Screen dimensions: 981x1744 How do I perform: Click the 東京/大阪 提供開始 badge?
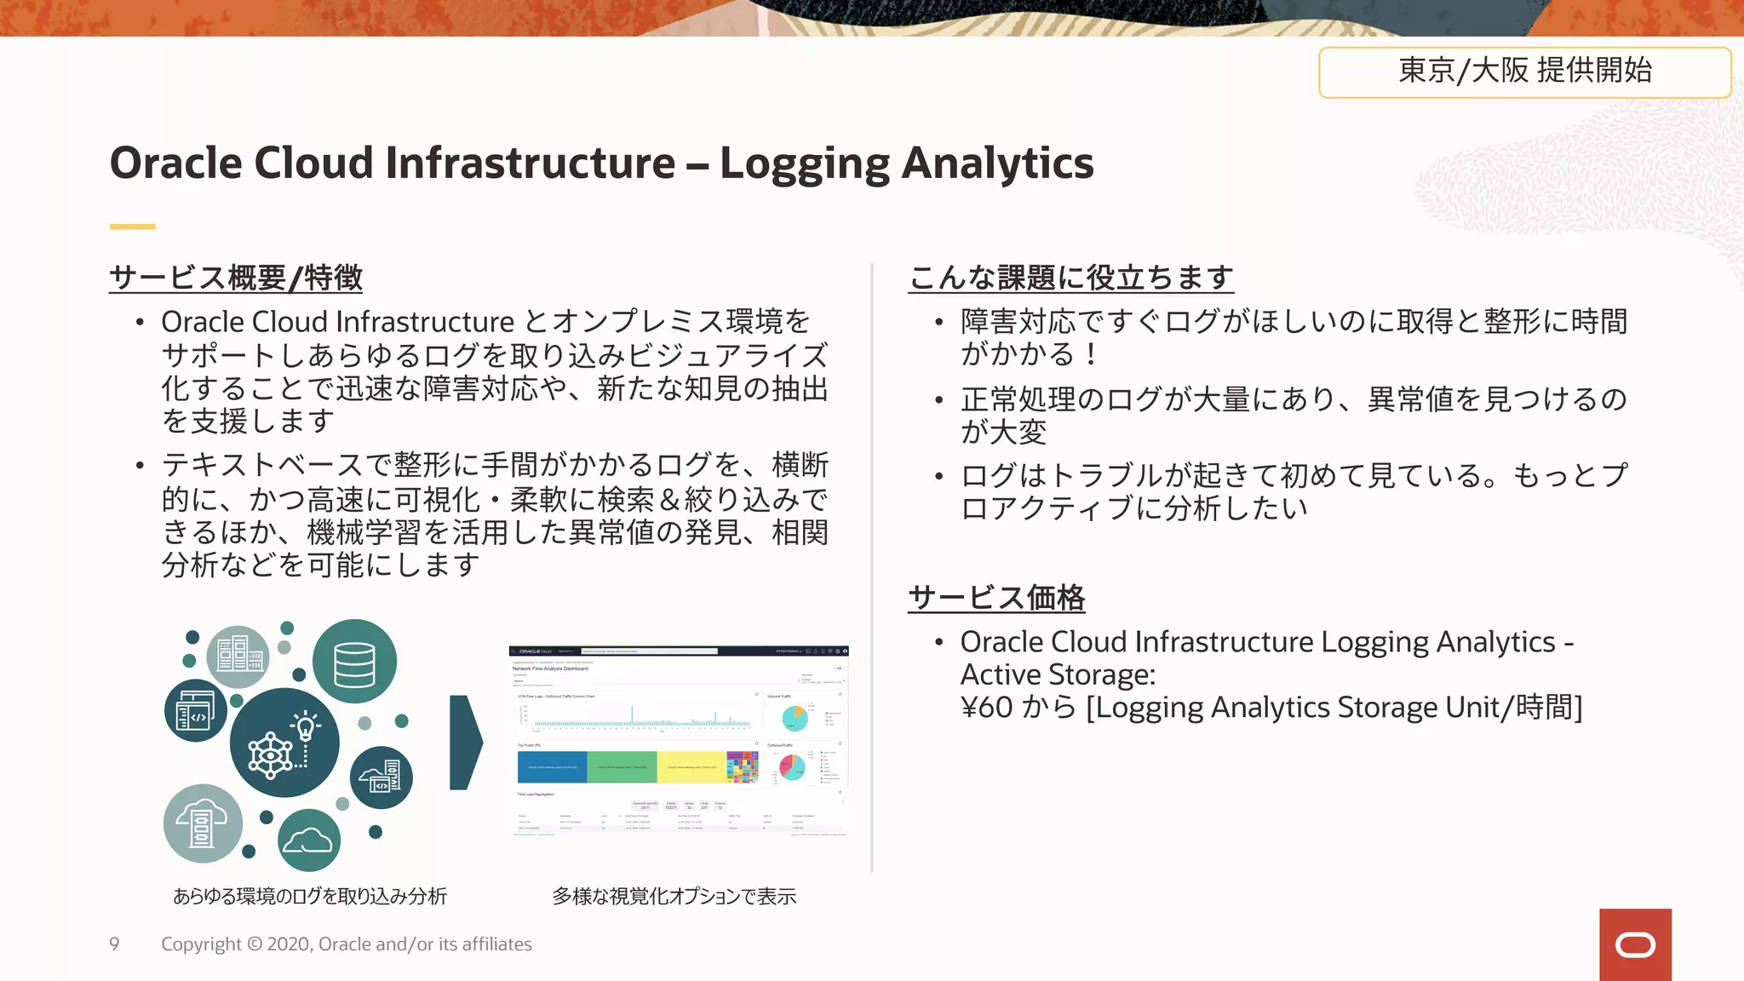click(x=1524, y=72)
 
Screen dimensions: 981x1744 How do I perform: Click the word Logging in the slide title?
click(x=804, y=163)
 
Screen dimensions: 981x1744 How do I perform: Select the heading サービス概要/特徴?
click(x=236, y=278)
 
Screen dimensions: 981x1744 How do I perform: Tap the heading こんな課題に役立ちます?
click(x=1070, y=278)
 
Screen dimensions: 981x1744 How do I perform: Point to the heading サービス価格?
click(x=996, y=598)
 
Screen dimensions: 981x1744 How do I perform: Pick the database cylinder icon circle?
click(x=354, y=662)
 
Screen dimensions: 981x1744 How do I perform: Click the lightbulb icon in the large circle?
click(x=305, y=726)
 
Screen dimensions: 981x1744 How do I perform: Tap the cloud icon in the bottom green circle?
click(x=308, y=840)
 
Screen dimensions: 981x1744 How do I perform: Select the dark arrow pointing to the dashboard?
click(x=465, y=743)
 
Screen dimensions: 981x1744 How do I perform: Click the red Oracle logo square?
click(x=1635, y=944)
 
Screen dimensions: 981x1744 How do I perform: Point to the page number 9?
click(x=114, y=944)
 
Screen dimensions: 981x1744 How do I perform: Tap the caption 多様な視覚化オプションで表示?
click(x=674, y=896)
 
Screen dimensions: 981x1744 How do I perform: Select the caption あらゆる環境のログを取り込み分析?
click(x=310, y=896)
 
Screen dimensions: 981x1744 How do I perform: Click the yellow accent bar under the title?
click(x=132, y=227)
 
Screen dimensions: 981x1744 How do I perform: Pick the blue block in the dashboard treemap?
click(x=552, y=767)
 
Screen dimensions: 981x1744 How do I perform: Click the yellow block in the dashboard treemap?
click(x=691, y=767)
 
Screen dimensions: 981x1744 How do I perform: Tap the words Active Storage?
click(x=1058, y=674)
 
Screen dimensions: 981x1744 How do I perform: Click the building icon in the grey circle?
click(x=238, y=656)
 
